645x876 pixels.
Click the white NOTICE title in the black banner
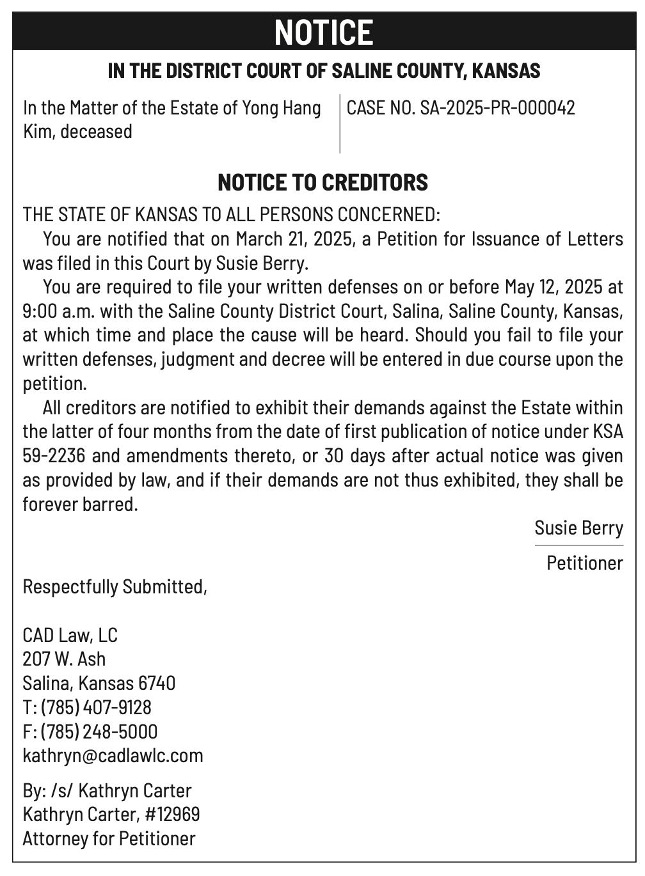pos(323,32)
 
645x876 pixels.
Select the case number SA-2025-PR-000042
pos(497,107)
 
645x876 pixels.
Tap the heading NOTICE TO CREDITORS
pos(322,182)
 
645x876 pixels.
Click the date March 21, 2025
pos(294,239)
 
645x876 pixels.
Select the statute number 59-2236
pos(54,456)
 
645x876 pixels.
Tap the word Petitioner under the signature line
pos(584,563)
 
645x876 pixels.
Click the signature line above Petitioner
pos(578,545)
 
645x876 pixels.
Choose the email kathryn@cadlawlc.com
pos(113,755)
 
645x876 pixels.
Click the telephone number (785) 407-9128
pos(96,707)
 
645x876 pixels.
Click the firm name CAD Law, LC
pos(70,635)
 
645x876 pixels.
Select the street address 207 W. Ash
pos(64,659)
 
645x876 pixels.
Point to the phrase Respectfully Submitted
pos(115,586)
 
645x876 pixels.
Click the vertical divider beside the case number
pos(340,123)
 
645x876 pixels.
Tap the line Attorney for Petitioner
pos(109,838)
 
